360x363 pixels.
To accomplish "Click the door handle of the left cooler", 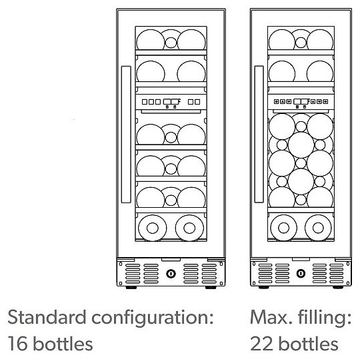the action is click(x=126, y=135).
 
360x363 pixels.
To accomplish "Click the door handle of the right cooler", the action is click(x=259, y=135).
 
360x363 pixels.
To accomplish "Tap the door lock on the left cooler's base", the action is click(x=171, y=274).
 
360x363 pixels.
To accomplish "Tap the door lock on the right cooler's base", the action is click(x=301, y=274).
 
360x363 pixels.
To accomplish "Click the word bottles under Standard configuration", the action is click(x=63, y=343).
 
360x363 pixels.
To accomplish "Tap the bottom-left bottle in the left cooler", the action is click(x=152, y=228).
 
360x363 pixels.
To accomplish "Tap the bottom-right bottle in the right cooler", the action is click(x=318, y=228).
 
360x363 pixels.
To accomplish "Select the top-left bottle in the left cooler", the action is click(x=151, y=39).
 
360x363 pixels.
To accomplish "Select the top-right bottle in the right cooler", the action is click(x=320, y=39).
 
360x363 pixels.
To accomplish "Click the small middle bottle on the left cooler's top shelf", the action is click(x=171, y=43).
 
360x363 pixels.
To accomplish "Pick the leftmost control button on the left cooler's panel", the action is click(x=145, y=102).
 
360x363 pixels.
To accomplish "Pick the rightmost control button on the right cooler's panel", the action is click(x=325, y=101).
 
